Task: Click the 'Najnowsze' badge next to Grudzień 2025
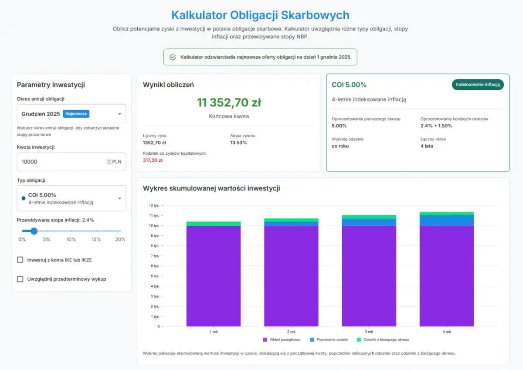76,114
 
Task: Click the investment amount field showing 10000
61,162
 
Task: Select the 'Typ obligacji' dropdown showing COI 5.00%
71,198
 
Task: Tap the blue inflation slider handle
34,231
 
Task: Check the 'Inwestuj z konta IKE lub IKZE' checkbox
20,260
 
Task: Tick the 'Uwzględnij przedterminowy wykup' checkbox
20,279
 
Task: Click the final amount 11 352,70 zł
229,103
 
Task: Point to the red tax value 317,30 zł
153,160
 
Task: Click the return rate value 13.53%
238,143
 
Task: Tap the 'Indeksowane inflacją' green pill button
478,85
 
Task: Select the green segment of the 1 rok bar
214,224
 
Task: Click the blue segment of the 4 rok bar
446,221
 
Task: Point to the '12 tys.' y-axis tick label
154,206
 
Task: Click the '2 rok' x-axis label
291,332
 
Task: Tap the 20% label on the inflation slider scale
120,239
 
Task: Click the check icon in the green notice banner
173,57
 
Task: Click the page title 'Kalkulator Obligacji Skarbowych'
260,15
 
